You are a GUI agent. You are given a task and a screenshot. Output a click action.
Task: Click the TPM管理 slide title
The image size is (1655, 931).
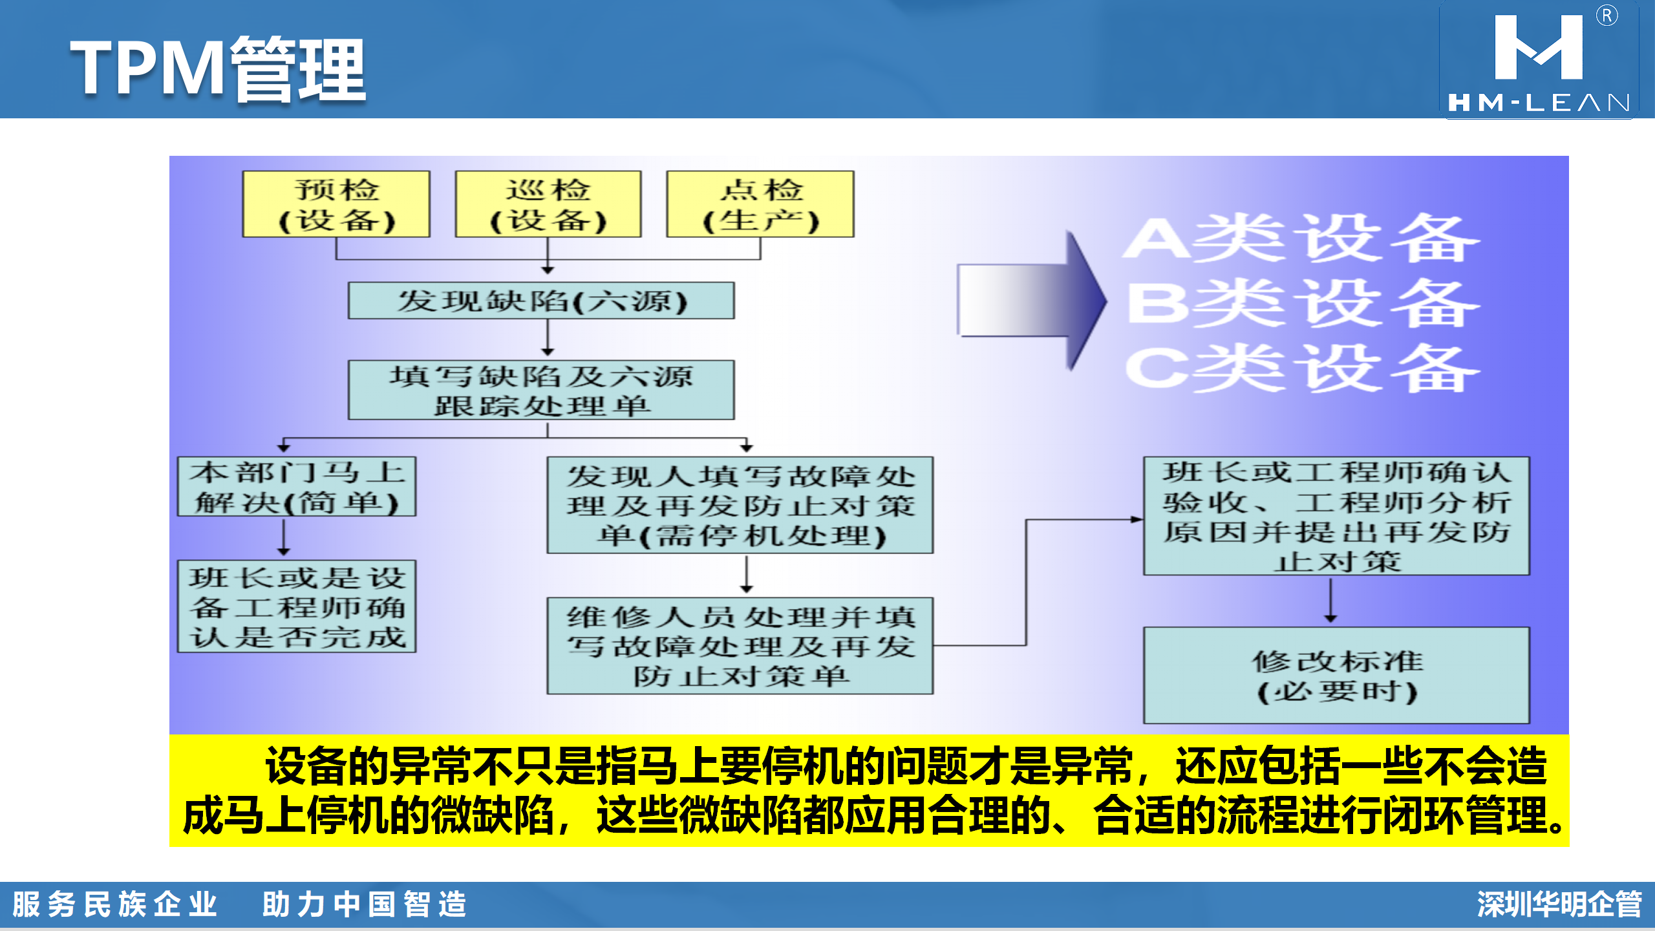219,69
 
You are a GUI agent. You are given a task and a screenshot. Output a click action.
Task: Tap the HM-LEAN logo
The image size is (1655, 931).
1539,61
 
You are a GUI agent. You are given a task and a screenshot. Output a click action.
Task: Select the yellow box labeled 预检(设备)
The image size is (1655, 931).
336,204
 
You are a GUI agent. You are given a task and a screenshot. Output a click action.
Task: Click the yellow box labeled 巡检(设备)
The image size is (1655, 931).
548,204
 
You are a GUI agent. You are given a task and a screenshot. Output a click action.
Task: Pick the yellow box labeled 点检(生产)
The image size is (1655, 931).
760,204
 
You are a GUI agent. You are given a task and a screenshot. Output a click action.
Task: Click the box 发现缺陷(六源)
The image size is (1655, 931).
541,301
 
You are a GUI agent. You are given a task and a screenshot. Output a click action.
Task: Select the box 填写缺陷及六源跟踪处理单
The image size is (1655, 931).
541,391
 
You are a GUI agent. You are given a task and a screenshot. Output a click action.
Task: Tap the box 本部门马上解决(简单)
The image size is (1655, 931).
297,487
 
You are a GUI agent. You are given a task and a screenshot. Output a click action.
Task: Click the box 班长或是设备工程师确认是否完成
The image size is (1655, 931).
297,606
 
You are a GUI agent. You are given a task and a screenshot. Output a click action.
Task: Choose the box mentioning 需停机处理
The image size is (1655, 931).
740,505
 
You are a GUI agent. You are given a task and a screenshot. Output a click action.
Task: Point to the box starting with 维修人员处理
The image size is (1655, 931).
740,646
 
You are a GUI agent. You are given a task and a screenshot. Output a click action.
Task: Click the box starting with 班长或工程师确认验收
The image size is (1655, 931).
1336,516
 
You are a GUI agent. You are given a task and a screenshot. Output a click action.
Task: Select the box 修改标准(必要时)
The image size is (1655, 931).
1336,675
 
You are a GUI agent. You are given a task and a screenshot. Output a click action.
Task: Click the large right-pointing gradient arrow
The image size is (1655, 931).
1032,301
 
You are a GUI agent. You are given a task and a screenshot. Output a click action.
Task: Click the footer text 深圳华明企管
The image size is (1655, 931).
1559,904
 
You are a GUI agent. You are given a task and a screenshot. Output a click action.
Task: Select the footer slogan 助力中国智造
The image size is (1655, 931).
365,904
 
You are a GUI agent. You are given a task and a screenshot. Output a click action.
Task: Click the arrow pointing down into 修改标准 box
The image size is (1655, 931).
1330,601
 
